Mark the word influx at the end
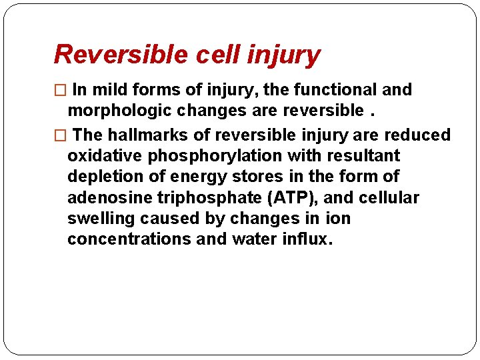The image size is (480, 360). pyautogui.click(x=303, y=239)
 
